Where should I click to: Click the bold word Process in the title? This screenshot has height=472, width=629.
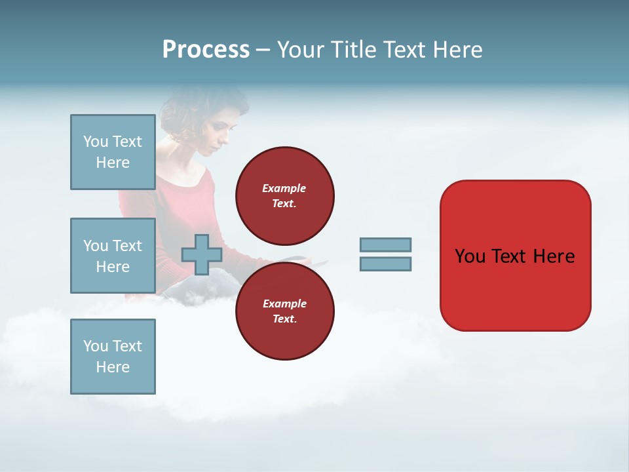(x=206, y=50)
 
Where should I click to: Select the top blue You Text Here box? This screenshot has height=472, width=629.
(x=113, y=152)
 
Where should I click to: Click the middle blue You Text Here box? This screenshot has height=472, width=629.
(x=113, y=256)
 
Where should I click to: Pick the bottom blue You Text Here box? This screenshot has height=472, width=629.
(x=113, y=357)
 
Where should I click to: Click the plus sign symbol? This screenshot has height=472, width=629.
(x=202, y=254)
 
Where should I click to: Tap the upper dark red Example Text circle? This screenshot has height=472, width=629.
(x=284, y=195)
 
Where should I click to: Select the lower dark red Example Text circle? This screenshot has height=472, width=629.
(x=284, y=311)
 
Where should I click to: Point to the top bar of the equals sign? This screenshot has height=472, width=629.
(x=385, y=245)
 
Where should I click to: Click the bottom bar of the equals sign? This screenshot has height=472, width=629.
(x=385, y=264)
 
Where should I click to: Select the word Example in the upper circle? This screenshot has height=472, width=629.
(x=284, y=188)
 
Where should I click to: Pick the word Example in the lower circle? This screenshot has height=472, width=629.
(x=284, y=304)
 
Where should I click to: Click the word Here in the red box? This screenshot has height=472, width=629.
(x=554, y=256)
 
